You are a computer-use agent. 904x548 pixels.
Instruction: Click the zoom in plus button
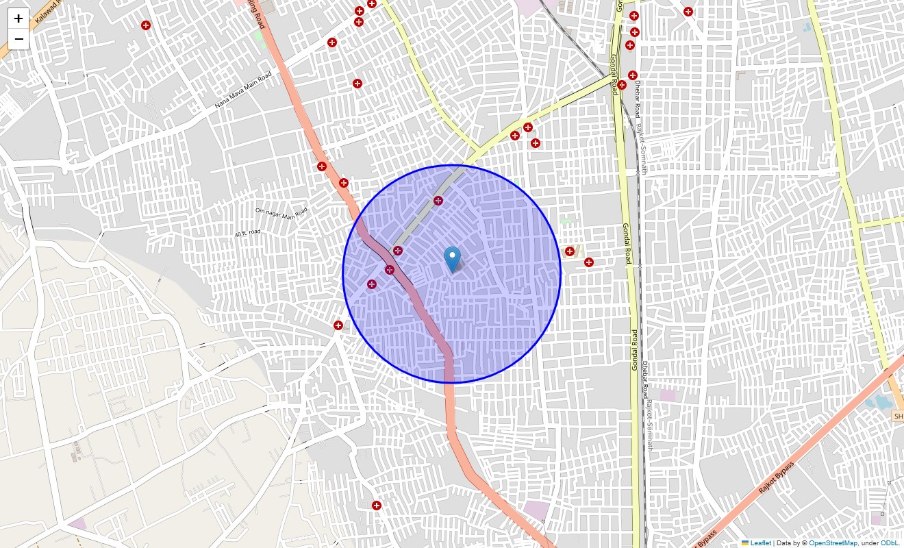[18, 18]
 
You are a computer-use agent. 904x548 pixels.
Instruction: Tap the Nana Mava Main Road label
[243, 90]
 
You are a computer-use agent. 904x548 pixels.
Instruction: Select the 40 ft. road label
[247, 234]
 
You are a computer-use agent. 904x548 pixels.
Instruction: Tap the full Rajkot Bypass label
[777, 478]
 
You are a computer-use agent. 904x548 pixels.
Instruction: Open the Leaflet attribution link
[760, 543]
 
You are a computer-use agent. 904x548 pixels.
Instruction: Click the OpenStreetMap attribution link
[833, 543]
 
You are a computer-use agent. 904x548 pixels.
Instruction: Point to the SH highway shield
[898, 416]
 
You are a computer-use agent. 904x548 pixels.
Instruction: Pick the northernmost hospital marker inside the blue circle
[438, 201]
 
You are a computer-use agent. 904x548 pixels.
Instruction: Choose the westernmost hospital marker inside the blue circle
[372, 284]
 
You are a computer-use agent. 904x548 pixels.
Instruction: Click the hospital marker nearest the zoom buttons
[146, 25]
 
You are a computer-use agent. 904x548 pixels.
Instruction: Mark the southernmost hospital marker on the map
[377, 506]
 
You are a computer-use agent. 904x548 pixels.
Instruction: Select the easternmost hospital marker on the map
[688, 11]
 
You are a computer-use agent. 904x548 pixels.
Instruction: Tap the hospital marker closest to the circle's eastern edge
[570, 251]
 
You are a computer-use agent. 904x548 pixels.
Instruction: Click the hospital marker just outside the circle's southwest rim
[338, 325]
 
